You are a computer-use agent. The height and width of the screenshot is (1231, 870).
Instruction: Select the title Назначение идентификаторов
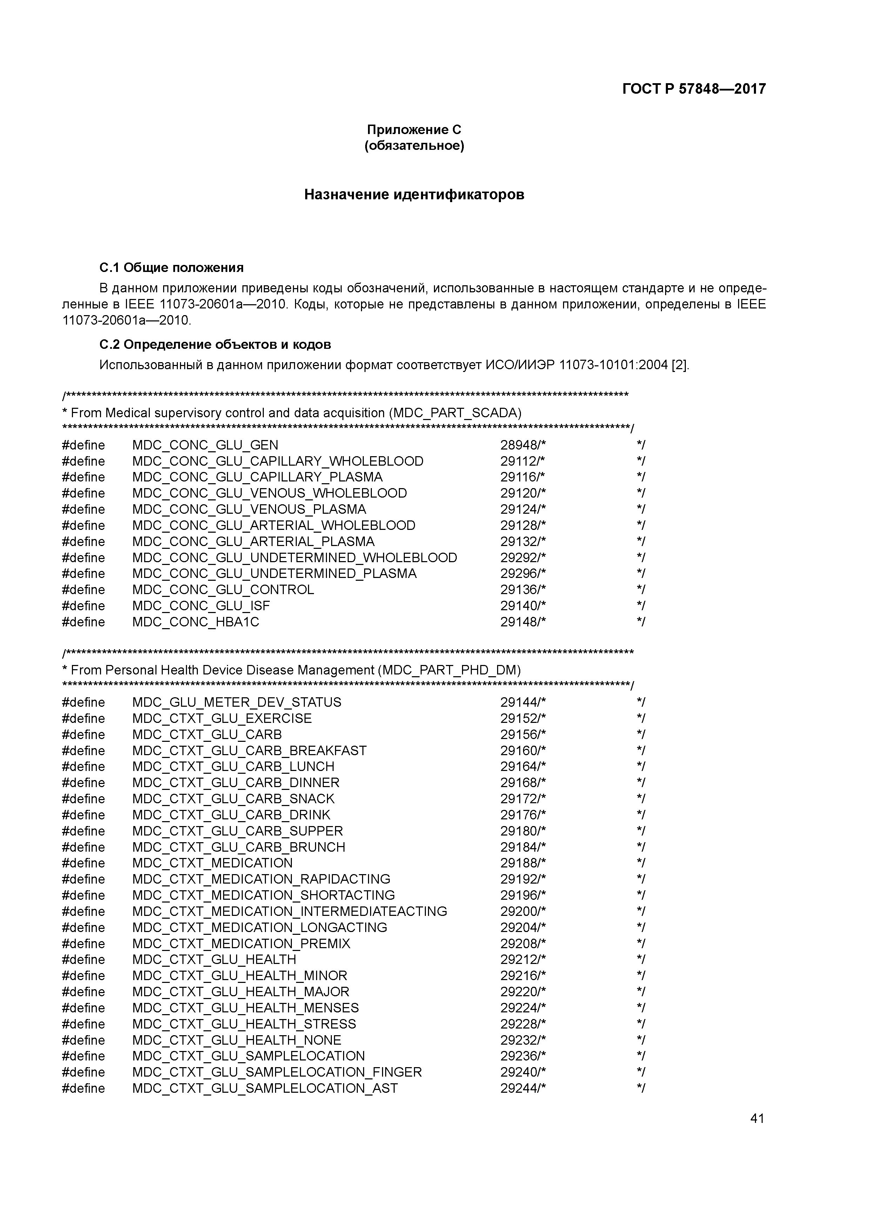point(414,195)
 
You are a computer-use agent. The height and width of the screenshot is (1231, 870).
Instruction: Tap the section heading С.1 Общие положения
point(172,267)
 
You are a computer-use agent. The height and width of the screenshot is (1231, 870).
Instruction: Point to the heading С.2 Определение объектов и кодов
point(215,344)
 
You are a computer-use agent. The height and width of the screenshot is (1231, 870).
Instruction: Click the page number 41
point(757,1118)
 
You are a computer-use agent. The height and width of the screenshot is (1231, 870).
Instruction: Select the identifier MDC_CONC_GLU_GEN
point(205,445)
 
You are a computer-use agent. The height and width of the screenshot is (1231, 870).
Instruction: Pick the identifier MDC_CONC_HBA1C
point(196,622)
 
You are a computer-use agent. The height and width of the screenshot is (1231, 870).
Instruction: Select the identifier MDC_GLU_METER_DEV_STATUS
point(236,703)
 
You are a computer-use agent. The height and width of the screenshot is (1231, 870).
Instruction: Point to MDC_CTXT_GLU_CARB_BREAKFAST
point(249,751)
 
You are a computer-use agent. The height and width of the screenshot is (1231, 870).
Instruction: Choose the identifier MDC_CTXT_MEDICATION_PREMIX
point(241,944)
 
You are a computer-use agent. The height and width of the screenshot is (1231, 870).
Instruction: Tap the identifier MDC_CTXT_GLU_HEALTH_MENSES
point(246,1008)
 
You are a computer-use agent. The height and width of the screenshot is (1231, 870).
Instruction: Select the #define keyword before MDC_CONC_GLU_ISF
point(83,606)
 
